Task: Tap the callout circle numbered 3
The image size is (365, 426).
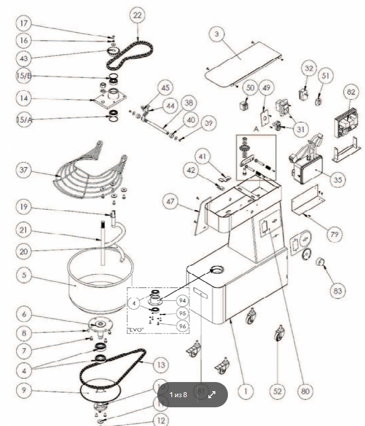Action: [216, 34]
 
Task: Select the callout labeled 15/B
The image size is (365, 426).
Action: [24, 77]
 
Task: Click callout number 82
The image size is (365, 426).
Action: [349, 92]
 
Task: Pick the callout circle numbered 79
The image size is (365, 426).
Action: [334, 233]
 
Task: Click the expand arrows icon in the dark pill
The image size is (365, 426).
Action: [212, 395]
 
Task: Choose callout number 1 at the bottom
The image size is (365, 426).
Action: [246, 391]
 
